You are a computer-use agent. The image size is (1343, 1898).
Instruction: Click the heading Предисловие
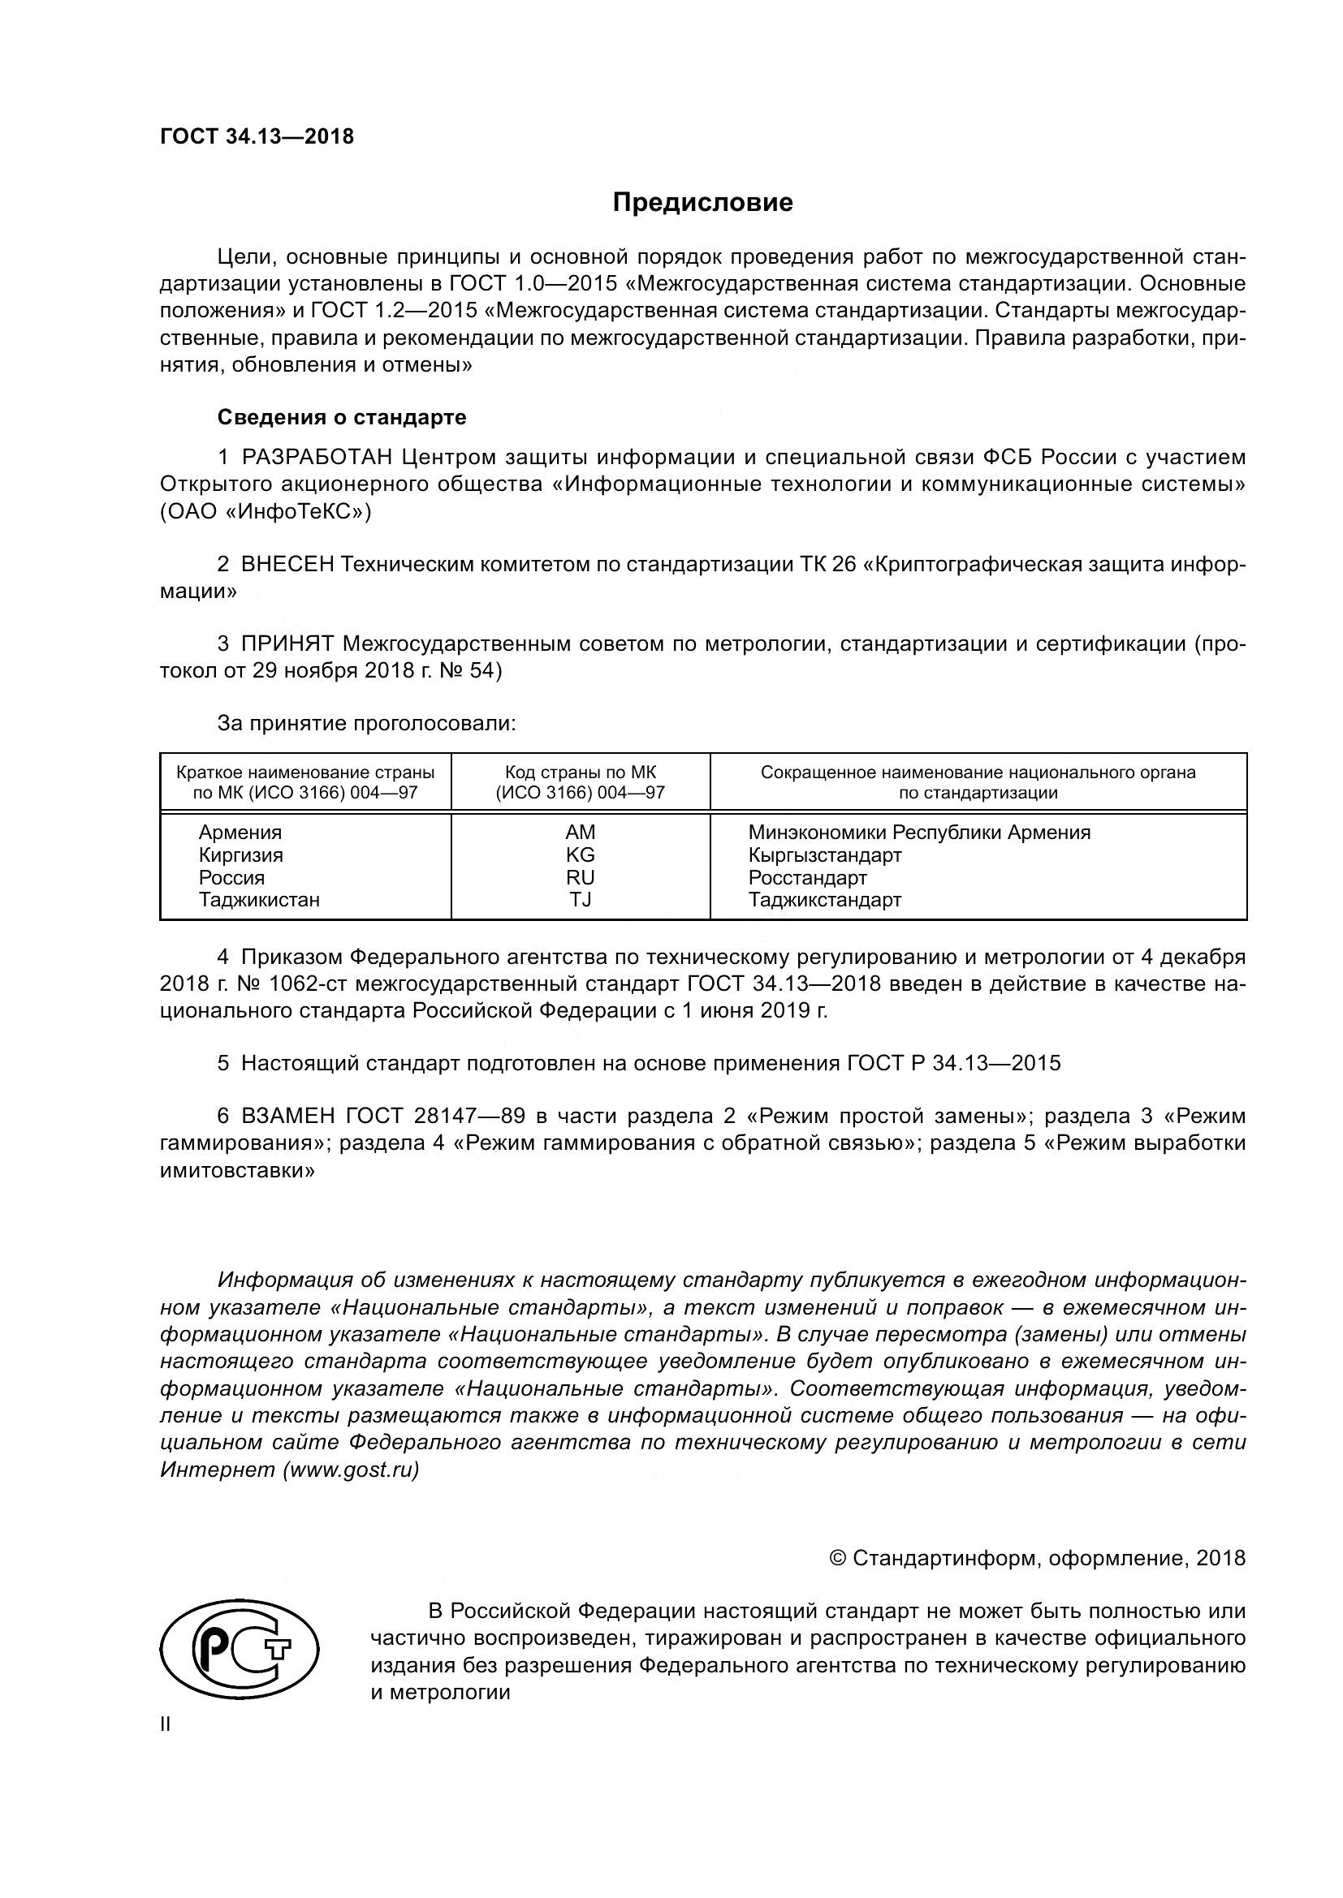click(x=702, y=203)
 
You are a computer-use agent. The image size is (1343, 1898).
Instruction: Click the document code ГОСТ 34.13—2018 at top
click(x=257, y=136)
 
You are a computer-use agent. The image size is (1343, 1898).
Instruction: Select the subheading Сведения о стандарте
click(x=342, y=417)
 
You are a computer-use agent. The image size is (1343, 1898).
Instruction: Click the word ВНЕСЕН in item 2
click(x=287, y=565)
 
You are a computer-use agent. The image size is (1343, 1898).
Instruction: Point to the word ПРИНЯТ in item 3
click(x=287, y=644)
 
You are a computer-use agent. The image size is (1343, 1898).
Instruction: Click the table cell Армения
click(x=240, y=833)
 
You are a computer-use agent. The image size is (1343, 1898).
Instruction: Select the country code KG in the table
click(x=580, y=854)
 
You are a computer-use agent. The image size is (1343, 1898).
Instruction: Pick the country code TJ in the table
click(x=580, y=899)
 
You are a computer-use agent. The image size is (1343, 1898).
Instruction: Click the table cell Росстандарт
click(x=807, y=877)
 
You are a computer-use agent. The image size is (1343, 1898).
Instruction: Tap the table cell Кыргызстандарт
click(x=824, y=854)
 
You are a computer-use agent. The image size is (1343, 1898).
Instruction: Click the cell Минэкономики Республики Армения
click(x=919, y=833)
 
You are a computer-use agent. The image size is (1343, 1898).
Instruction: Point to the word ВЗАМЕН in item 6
click(x=287, y=1117)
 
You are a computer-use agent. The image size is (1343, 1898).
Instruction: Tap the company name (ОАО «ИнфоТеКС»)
click(x=266, y=512)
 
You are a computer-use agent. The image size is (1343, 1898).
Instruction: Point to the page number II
click(x=166, y=1724)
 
